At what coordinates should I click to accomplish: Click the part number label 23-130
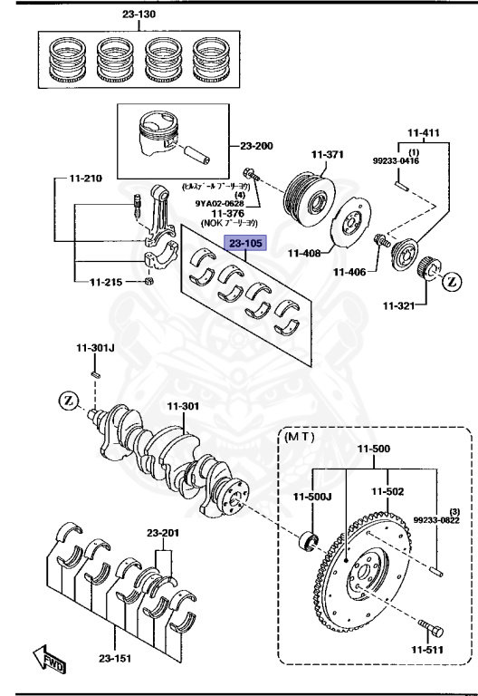tap(139, 15)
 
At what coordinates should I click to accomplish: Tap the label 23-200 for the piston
tap(258, 145)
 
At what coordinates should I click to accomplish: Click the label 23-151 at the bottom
tap(113, 659)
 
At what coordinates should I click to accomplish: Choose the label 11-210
tap(88, 179)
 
